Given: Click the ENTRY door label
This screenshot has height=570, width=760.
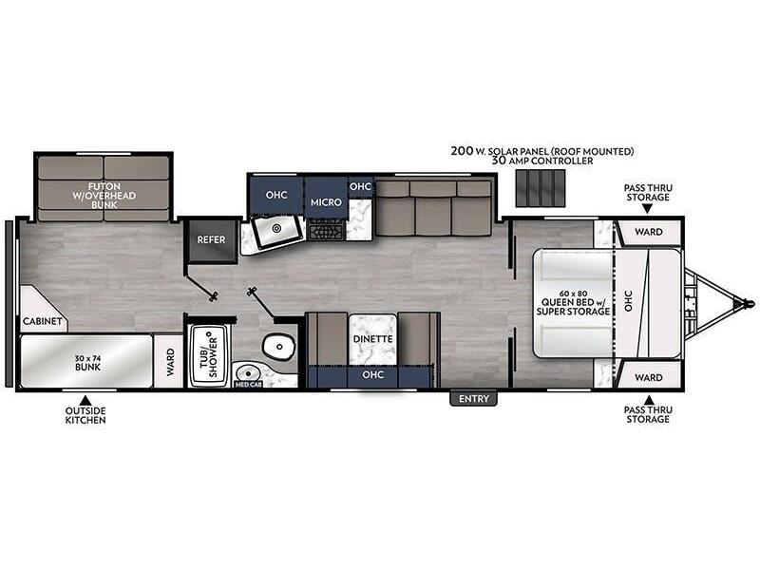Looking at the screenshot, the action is tap(473, 398).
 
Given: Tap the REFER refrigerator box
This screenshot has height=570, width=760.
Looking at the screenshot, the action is tap(211, 240).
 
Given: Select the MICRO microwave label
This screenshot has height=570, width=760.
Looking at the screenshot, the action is tap(326, 202).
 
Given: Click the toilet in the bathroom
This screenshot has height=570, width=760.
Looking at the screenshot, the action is tap(278, 346).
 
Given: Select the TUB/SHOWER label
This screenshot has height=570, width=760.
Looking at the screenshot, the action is tap(209, 355).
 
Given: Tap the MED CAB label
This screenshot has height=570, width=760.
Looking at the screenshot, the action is tap(248, 385).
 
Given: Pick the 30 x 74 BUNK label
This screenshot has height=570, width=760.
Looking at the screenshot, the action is tap(87, 363).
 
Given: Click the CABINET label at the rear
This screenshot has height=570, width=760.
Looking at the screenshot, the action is tap(43, 321).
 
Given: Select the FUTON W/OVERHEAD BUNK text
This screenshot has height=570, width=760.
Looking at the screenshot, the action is tap(104, 196).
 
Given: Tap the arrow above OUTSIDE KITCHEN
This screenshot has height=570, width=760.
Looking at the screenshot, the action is tap(85, 400).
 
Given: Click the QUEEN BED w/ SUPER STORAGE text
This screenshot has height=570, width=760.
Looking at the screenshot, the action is tap(573, 303).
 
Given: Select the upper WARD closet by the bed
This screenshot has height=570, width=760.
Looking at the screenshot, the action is tap(648, 232).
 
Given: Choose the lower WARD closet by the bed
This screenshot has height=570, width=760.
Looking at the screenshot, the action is tap(648, 377).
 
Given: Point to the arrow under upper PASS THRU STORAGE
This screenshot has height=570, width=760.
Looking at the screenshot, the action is tap(648, 209).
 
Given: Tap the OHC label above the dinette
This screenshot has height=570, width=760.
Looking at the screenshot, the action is tap(372, 374).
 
